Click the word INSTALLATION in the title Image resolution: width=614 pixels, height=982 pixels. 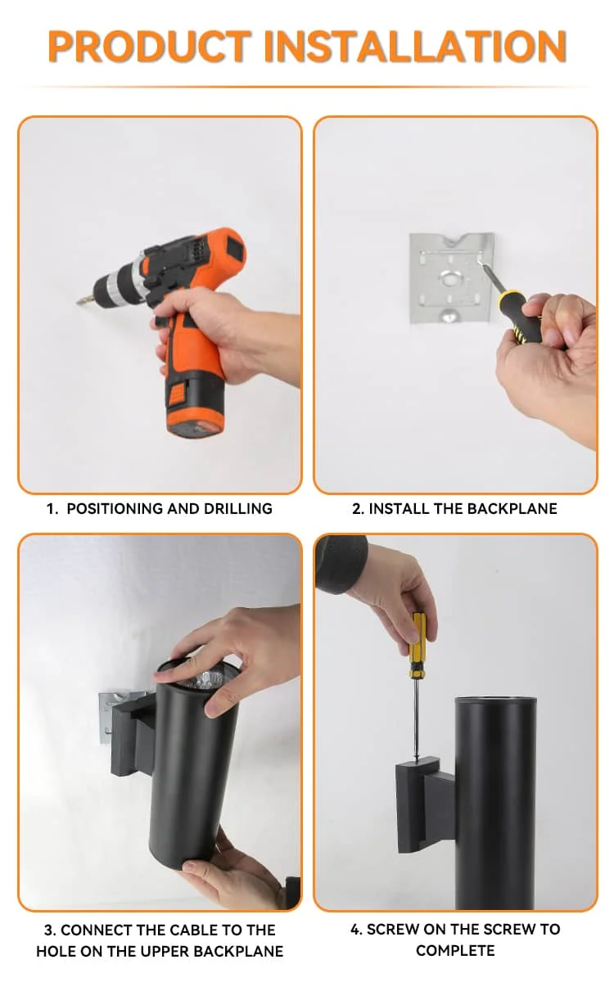click(416, 47)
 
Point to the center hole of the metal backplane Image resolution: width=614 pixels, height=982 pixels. click(450, 278)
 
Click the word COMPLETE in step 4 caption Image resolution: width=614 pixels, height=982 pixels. click(455, 950)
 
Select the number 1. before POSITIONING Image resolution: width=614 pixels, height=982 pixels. click(52, 508)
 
